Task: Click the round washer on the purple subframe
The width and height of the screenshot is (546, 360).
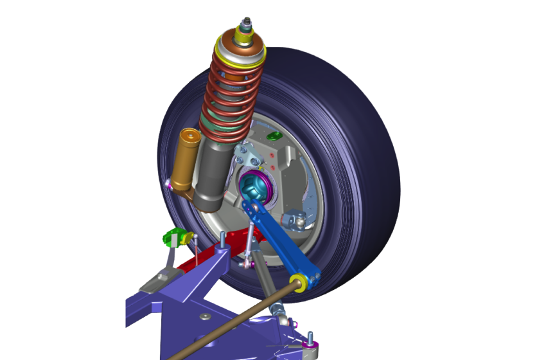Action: point(204,316)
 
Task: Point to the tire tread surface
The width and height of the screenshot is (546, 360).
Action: point(366,161)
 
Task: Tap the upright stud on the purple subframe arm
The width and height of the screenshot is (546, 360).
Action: point(222,242)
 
